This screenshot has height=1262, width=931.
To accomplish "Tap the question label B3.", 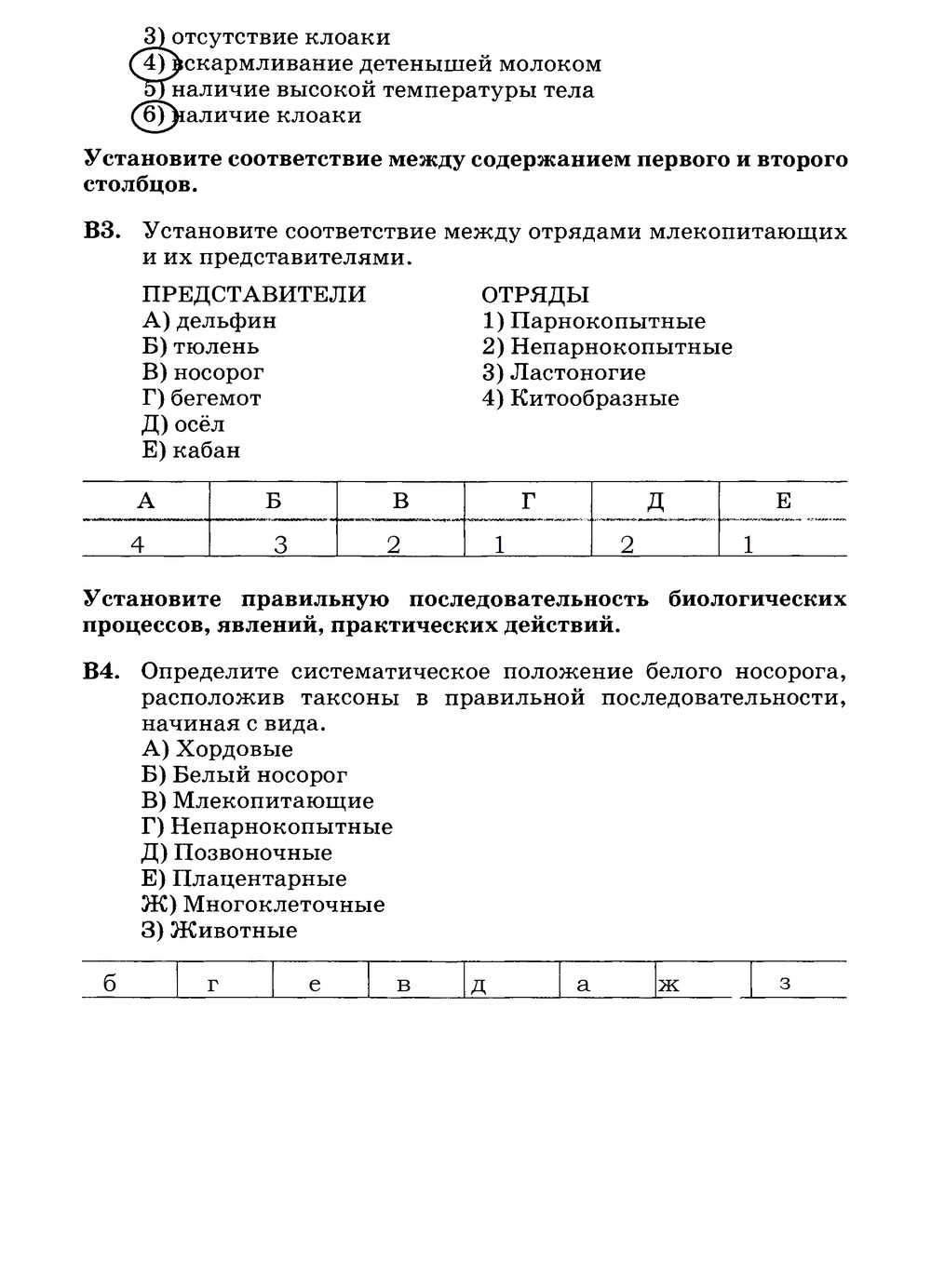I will tap(102, 232).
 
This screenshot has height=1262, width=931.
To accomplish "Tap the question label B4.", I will tap(102, 672).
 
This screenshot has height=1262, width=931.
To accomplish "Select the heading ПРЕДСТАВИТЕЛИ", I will tap(254, 295).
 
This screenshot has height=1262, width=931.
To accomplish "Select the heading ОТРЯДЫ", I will tap(535, 295).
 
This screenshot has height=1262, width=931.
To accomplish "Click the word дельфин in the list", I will tap(226, 321).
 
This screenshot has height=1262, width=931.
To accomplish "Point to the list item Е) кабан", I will tap(192, 450).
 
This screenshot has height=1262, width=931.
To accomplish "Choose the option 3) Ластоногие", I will tap(563, 373).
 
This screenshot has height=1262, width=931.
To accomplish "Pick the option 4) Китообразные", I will tap(580, 399).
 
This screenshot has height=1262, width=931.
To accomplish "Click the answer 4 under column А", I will tap(138, 544).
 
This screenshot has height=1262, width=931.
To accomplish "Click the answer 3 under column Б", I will tap(280, 544).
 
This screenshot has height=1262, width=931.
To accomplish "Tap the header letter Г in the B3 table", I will tap(528, 501).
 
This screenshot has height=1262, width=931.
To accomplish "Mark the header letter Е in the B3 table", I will tap(783, 501).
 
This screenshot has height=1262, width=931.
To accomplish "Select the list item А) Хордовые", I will tap(218, 749).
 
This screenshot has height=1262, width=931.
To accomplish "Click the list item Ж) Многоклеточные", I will tap(263, 905).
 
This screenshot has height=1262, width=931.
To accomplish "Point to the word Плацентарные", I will tap(260, 879).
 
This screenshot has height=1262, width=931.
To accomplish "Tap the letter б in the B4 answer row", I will tap(110, 984).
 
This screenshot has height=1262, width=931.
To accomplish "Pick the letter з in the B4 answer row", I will tap(785, 983).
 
